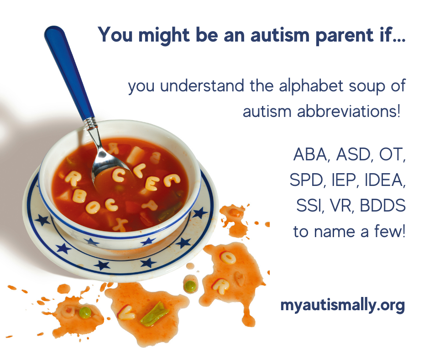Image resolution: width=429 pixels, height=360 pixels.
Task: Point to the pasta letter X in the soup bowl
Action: [x=121, y=224]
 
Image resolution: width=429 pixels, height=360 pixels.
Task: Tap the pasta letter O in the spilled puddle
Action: [x=227, y=258]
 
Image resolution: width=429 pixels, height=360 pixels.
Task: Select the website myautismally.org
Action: [x=343, y=305]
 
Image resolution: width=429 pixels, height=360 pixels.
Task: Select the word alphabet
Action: [x=302, y=86]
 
